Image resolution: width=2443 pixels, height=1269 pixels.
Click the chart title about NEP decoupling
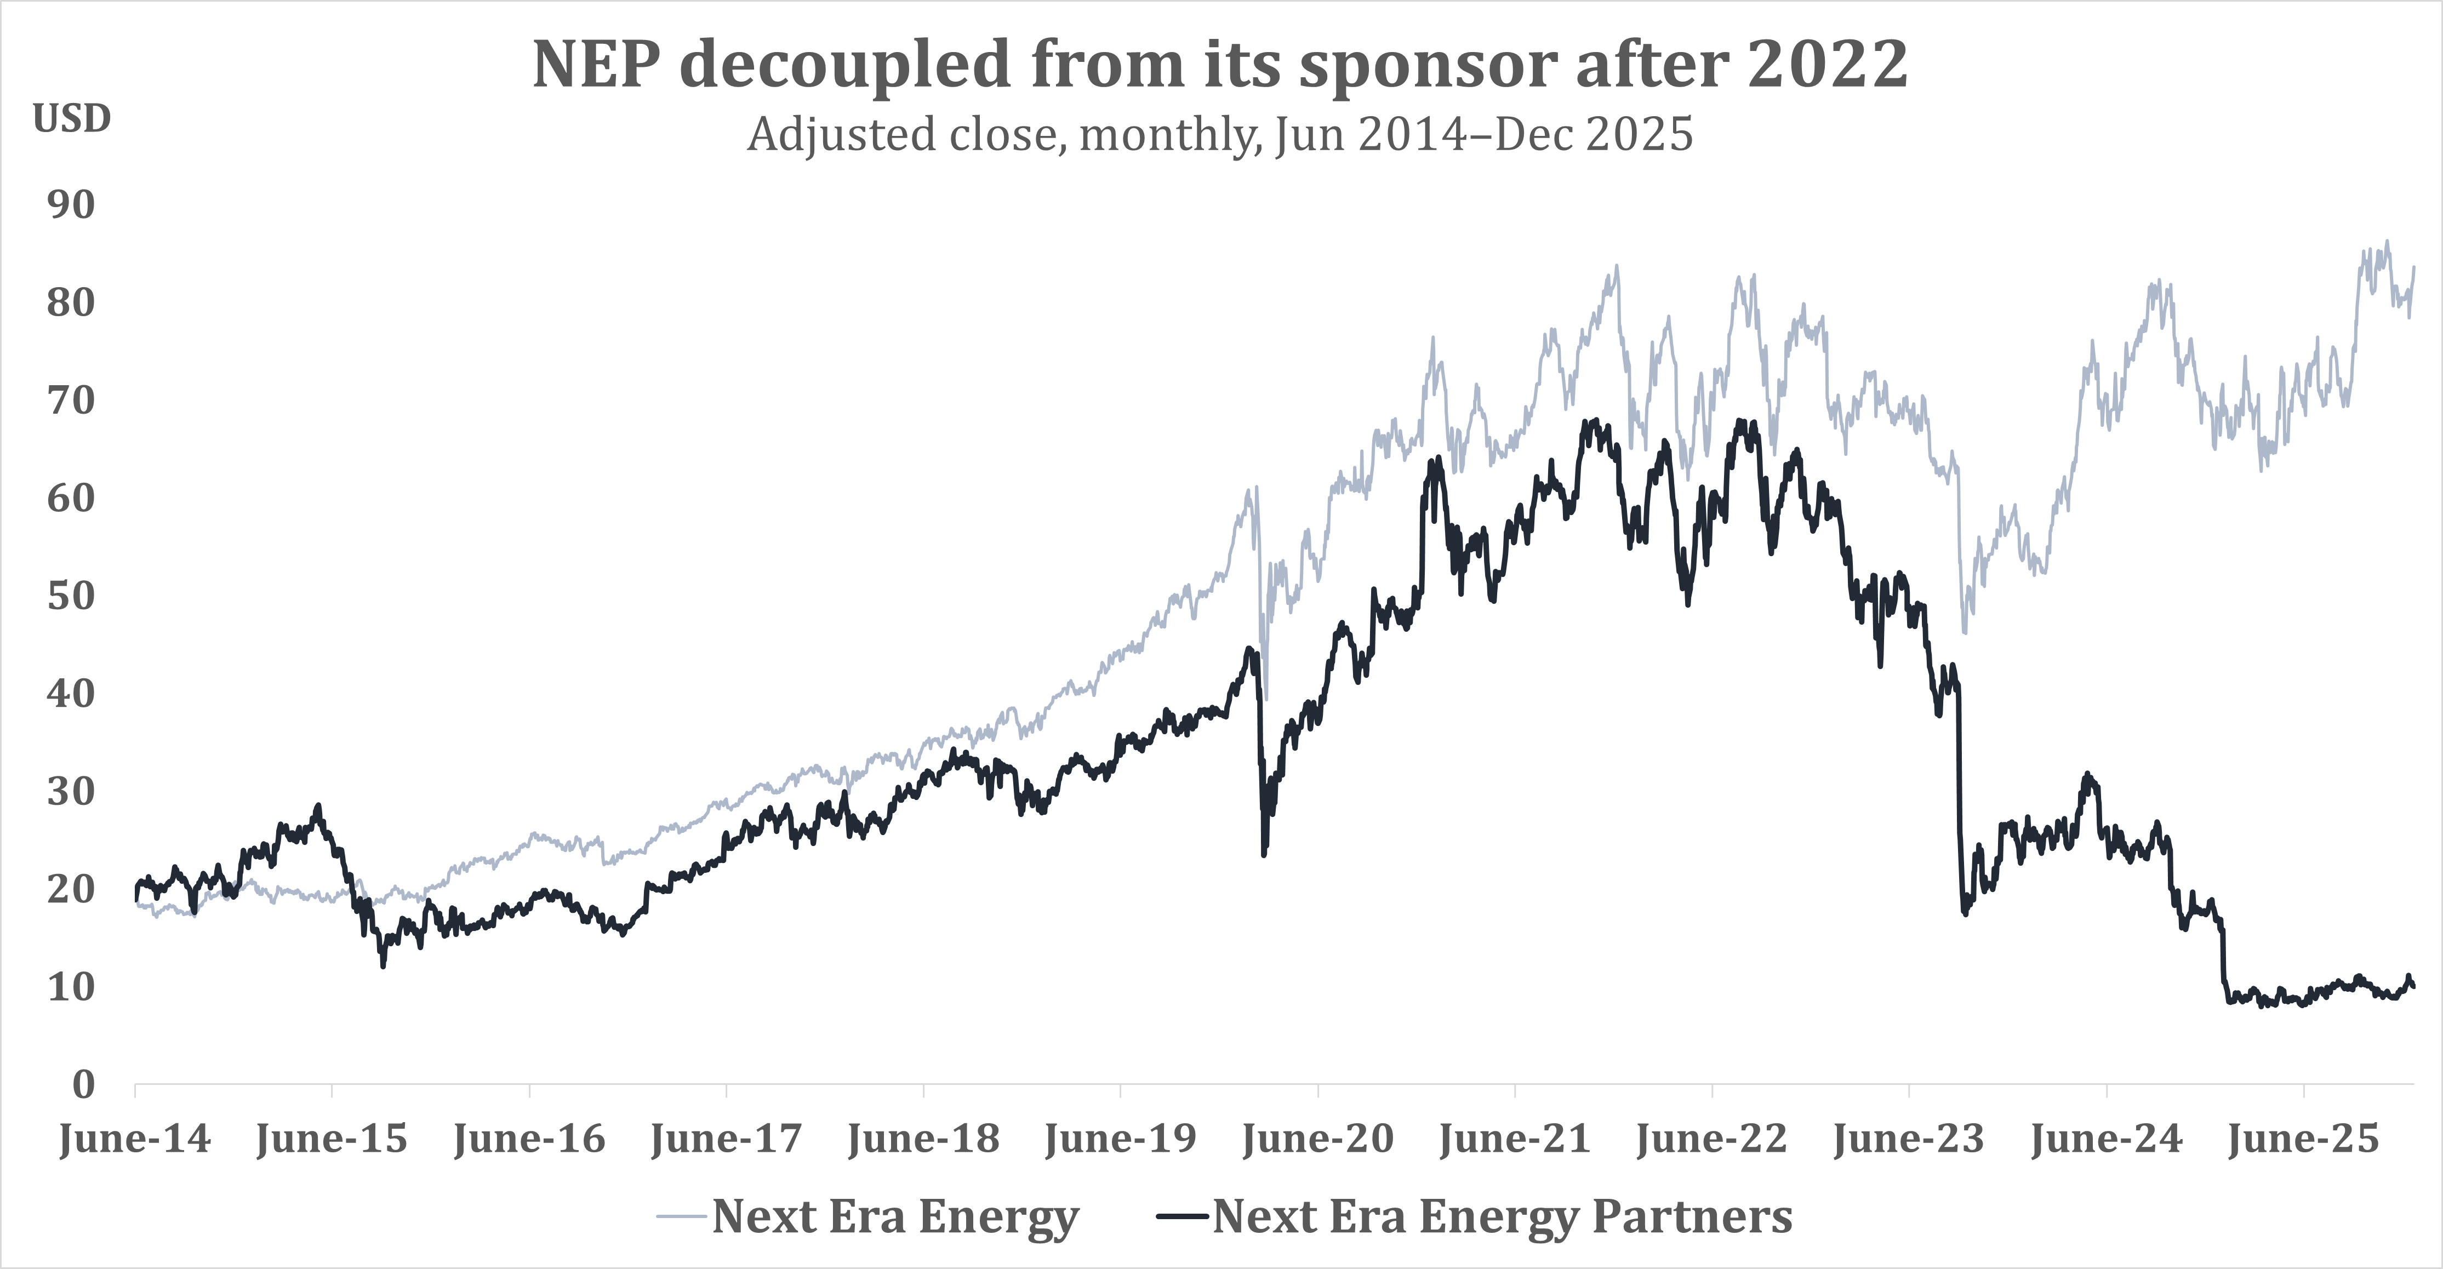(1220, 65)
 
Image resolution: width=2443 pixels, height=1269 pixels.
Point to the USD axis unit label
(72, 118)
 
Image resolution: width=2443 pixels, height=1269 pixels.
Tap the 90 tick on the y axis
(71, 205)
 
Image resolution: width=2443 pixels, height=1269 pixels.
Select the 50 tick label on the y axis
(71, 596)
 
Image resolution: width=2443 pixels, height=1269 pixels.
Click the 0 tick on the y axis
(84, 1084)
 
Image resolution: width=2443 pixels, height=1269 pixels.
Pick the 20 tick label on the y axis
(71, 889)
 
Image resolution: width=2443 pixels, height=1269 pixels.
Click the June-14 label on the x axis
(135, 1138)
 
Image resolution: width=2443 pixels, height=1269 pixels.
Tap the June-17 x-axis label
(727, 1138)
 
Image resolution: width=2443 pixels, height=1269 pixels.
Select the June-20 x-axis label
(1318, 1138)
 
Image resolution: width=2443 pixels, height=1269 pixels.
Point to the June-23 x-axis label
(1909, 1138)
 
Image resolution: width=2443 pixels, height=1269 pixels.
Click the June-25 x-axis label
(2304, 1138)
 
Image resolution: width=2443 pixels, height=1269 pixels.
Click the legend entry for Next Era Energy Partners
(1475, 1216)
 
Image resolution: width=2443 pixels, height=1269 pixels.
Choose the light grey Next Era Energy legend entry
(867, 1216)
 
